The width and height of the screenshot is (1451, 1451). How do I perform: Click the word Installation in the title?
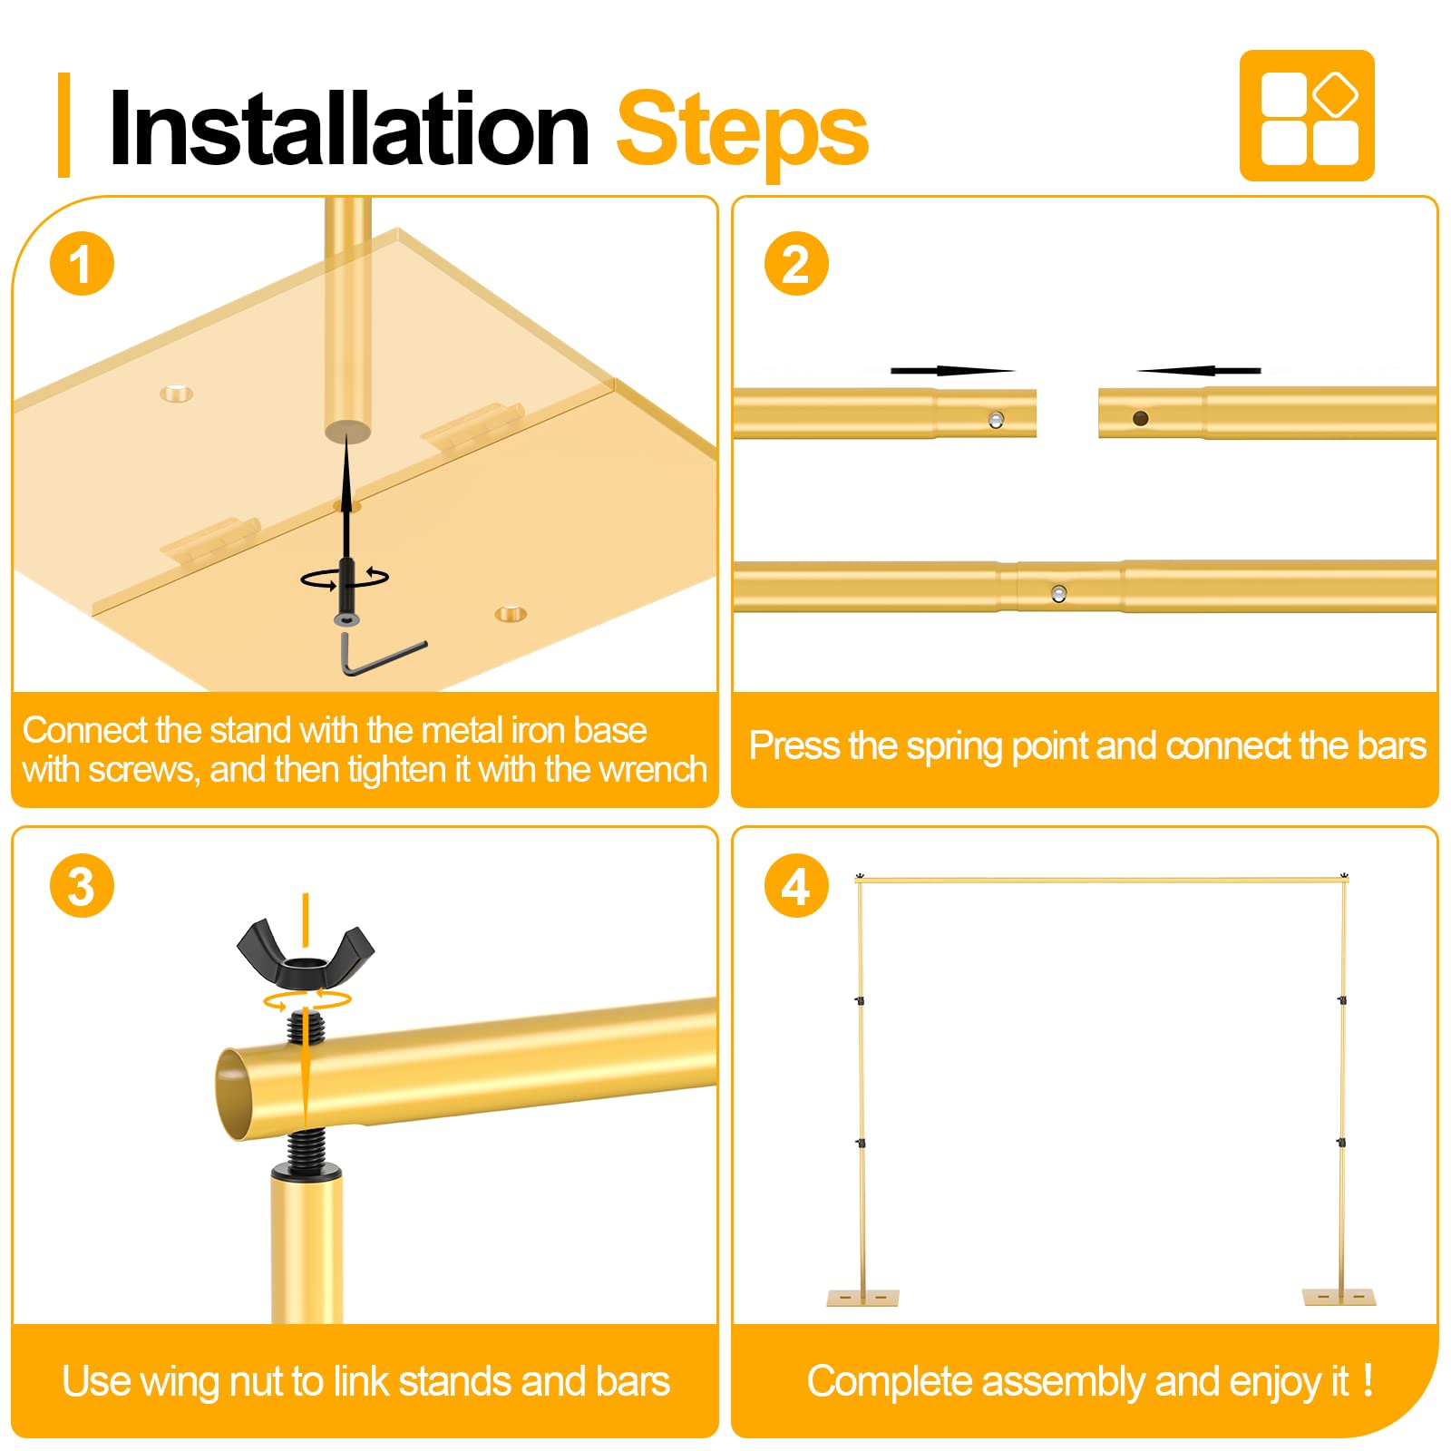pyautogui.click(x=349, y=129)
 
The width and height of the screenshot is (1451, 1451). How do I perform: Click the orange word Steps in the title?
pyautogui.click(x=743, y=132)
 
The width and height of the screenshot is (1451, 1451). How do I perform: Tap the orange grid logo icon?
pyautogui.click(x=1307, y=115)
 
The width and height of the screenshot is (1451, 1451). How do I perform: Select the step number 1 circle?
pyautogui.click(x=82, y=264)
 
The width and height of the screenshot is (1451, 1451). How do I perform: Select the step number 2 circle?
pyautogui.click(x=796, y=264)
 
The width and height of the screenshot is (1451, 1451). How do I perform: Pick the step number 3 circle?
pyautogui.click(x=82, y=885)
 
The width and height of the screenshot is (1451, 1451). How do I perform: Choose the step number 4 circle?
pyautogui.click(x=796, y=885)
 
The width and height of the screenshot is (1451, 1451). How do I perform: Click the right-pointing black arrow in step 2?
pyautogui.click(x=952, y=370)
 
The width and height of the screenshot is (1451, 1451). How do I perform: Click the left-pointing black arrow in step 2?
pyautogui.click(x=1199, y=370)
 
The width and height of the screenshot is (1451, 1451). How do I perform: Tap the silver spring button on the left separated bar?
pyautogui.click(x=996, y=419)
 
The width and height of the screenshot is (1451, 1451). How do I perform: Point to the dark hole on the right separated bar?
pyautogui.click(x=1141, y=418)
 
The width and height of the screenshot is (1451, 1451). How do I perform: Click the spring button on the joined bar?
pyautogui.click(x=1058, y=594)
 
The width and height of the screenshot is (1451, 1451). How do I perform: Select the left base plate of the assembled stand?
pyautogui.click(x=862, y=1298)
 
